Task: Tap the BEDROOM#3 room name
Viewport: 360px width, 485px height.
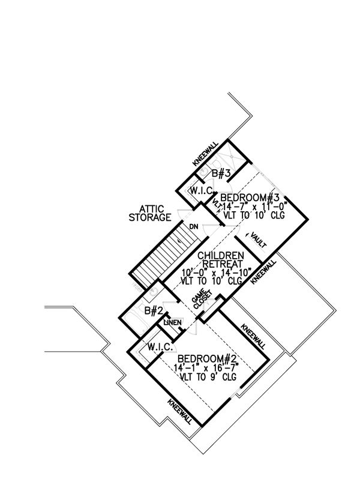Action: click(x=251, y=197)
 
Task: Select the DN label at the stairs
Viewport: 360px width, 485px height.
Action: click(x=194, y=226)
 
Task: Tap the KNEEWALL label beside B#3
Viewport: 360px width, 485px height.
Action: click(x=205, y=154)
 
